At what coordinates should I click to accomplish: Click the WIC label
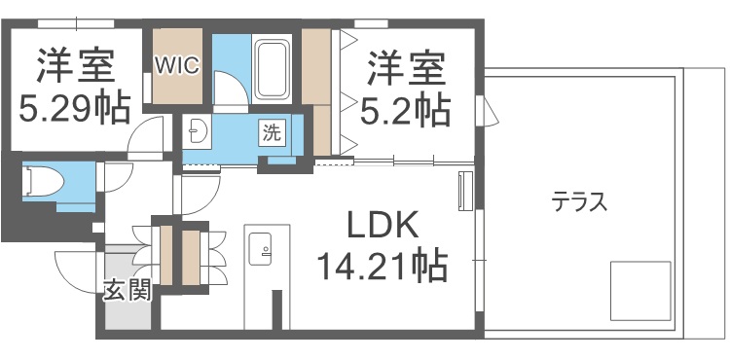177,66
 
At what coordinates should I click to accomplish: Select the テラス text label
579,202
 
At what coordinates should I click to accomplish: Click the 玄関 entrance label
128,290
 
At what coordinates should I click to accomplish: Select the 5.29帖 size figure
74,108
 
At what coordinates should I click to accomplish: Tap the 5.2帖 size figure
406,108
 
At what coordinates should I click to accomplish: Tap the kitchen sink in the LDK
261,254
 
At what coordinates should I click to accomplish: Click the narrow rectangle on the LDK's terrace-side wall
464,190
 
